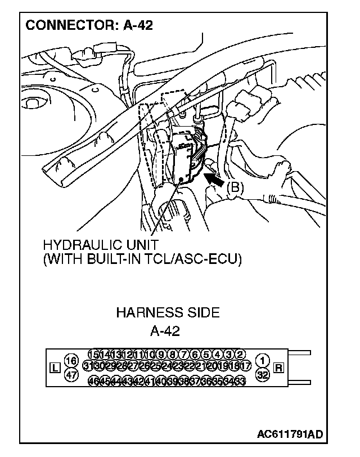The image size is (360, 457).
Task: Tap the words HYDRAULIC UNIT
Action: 100,245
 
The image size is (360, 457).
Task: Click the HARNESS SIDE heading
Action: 168,312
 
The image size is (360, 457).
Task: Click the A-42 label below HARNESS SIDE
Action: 165,331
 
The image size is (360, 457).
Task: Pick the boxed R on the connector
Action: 278,369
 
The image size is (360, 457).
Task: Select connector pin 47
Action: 71,375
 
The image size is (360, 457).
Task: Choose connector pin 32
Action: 262,375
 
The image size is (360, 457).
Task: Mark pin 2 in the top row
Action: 240,354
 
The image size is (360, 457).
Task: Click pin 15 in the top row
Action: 94,354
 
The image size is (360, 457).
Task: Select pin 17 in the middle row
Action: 246,366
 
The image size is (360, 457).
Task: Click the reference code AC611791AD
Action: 290,434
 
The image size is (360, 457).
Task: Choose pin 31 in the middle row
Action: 88,366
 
